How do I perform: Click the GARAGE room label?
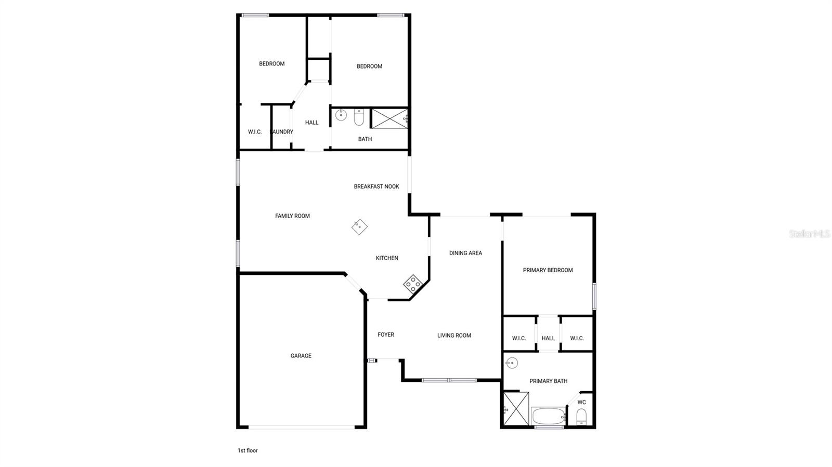point(301,356)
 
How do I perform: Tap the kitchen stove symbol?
point(412,283)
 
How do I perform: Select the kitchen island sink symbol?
point(359,227)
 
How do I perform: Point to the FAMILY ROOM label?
point(292,216)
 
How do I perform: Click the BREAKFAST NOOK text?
point(376,186)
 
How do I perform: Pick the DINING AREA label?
point(465,253)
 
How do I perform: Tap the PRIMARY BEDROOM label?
point(548,270)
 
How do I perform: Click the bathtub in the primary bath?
point(548,416)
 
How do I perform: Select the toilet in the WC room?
point(582,417)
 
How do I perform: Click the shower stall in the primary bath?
point(516,409)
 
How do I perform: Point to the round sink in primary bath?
point(512,363)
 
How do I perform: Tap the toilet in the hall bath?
point(359,117)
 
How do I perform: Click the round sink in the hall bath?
point(341,115)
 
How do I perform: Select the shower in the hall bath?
point(389,118)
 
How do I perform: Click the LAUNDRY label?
point(282,132)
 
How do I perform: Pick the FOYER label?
point(385,335)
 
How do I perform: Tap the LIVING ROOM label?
point(454,336)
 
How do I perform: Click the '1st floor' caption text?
point(248,450)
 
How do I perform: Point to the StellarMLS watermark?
point(809,234)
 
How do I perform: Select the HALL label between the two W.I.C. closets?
point(548,338)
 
